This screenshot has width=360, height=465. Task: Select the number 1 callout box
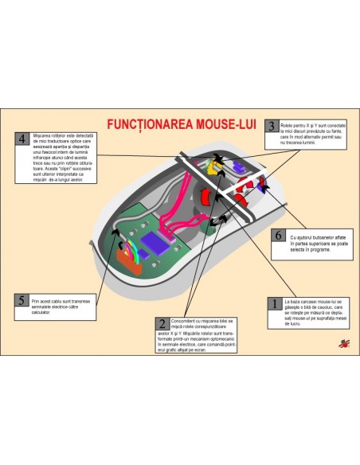[273, 303]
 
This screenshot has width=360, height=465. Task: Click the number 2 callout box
[162, 324]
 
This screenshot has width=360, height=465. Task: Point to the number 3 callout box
[272, 126]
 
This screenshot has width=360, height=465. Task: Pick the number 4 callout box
[22, 138]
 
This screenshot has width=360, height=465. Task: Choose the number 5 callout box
[22, 300]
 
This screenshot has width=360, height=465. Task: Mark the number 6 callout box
[278, 236]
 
